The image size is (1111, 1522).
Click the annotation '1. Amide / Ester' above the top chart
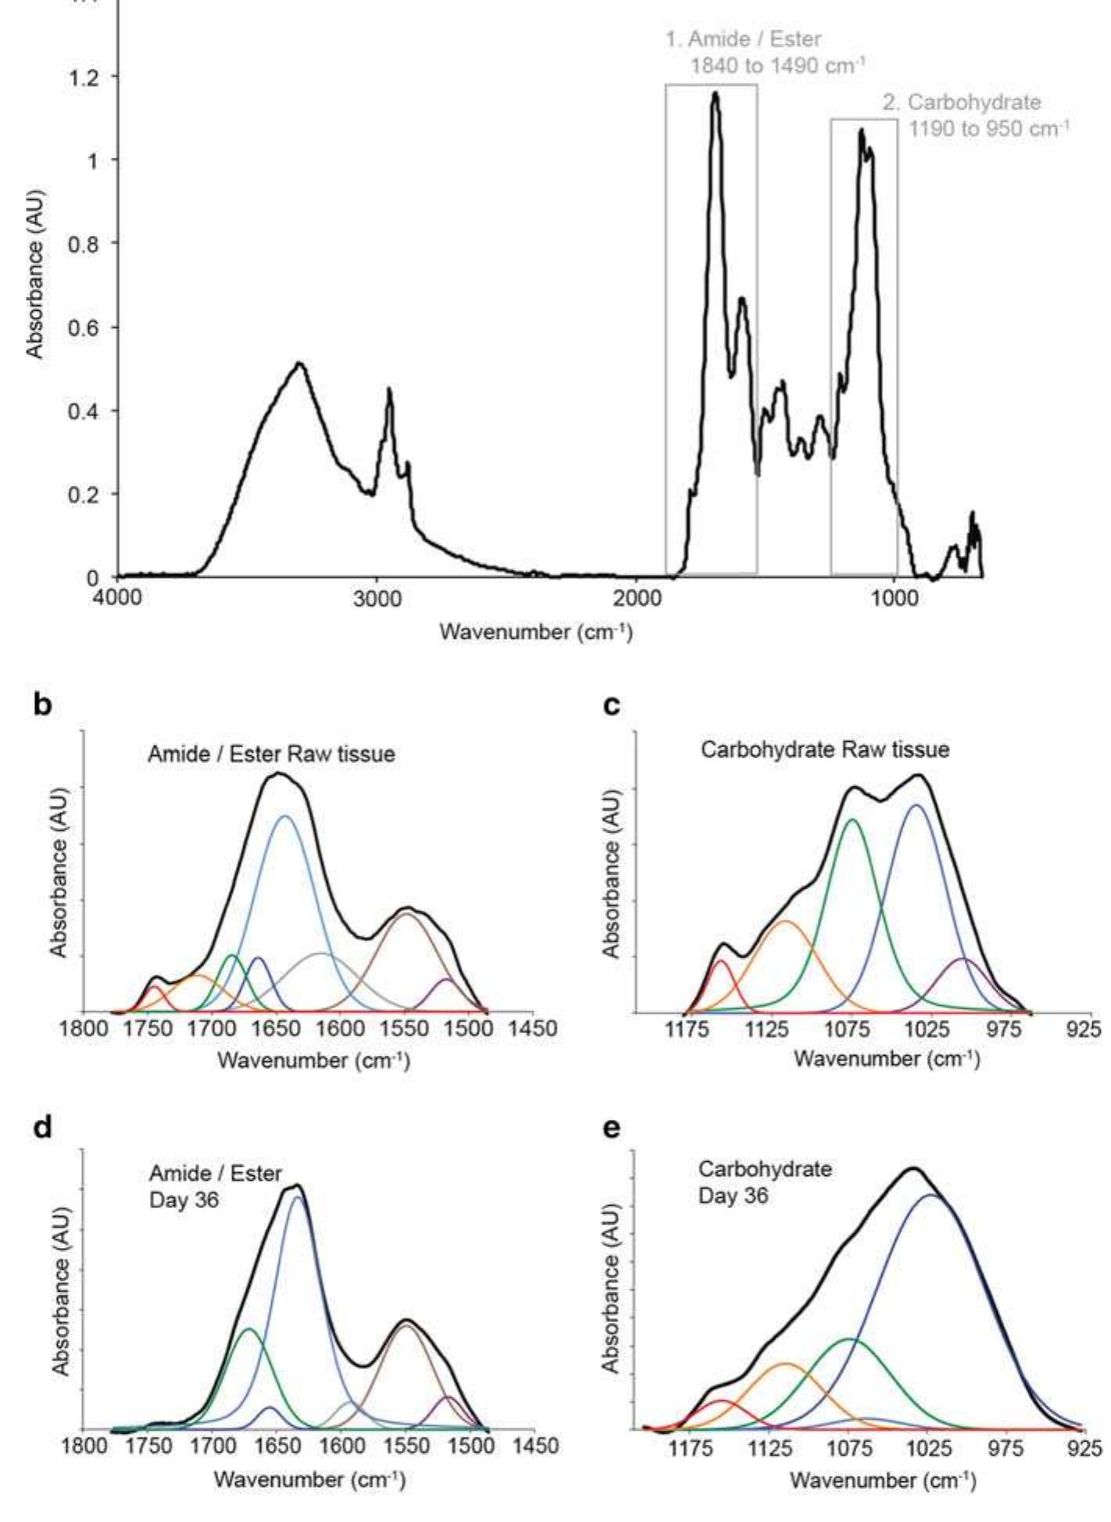point(743,38)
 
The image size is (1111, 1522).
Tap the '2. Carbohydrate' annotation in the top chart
point(962,102)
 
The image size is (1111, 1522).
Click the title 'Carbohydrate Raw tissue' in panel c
point(824,750)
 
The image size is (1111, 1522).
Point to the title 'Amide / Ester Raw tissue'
point(271,754)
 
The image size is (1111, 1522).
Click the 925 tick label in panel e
point(1085,1446)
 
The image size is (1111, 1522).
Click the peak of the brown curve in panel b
point(405,913)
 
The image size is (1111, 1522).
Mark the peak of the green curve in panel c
point(851,819)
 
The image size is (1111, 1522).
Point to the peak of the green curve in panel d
point(249,1328)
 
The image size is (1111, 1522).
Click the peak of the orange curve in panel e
point(785,1364)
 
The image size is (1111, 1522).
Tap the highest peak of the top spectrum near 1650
point(715,93)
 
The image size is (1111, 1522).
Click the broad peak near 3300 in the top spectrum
point(299,363)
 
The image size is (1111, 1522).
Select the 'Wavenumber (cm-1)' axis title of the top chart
point(536,632)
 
